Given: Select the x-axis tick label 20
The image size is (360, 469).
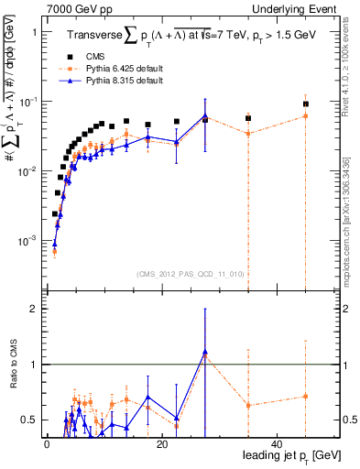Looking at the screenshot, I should point(161,444).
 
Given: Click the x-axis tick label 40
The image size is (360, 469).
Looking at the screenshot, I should point(277,444).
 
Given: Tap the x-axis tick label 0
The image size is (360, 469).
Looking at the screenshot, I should point(46,444).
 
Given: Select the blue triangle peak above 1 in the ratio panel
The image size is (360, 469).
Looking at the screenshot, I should point(205,352).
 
